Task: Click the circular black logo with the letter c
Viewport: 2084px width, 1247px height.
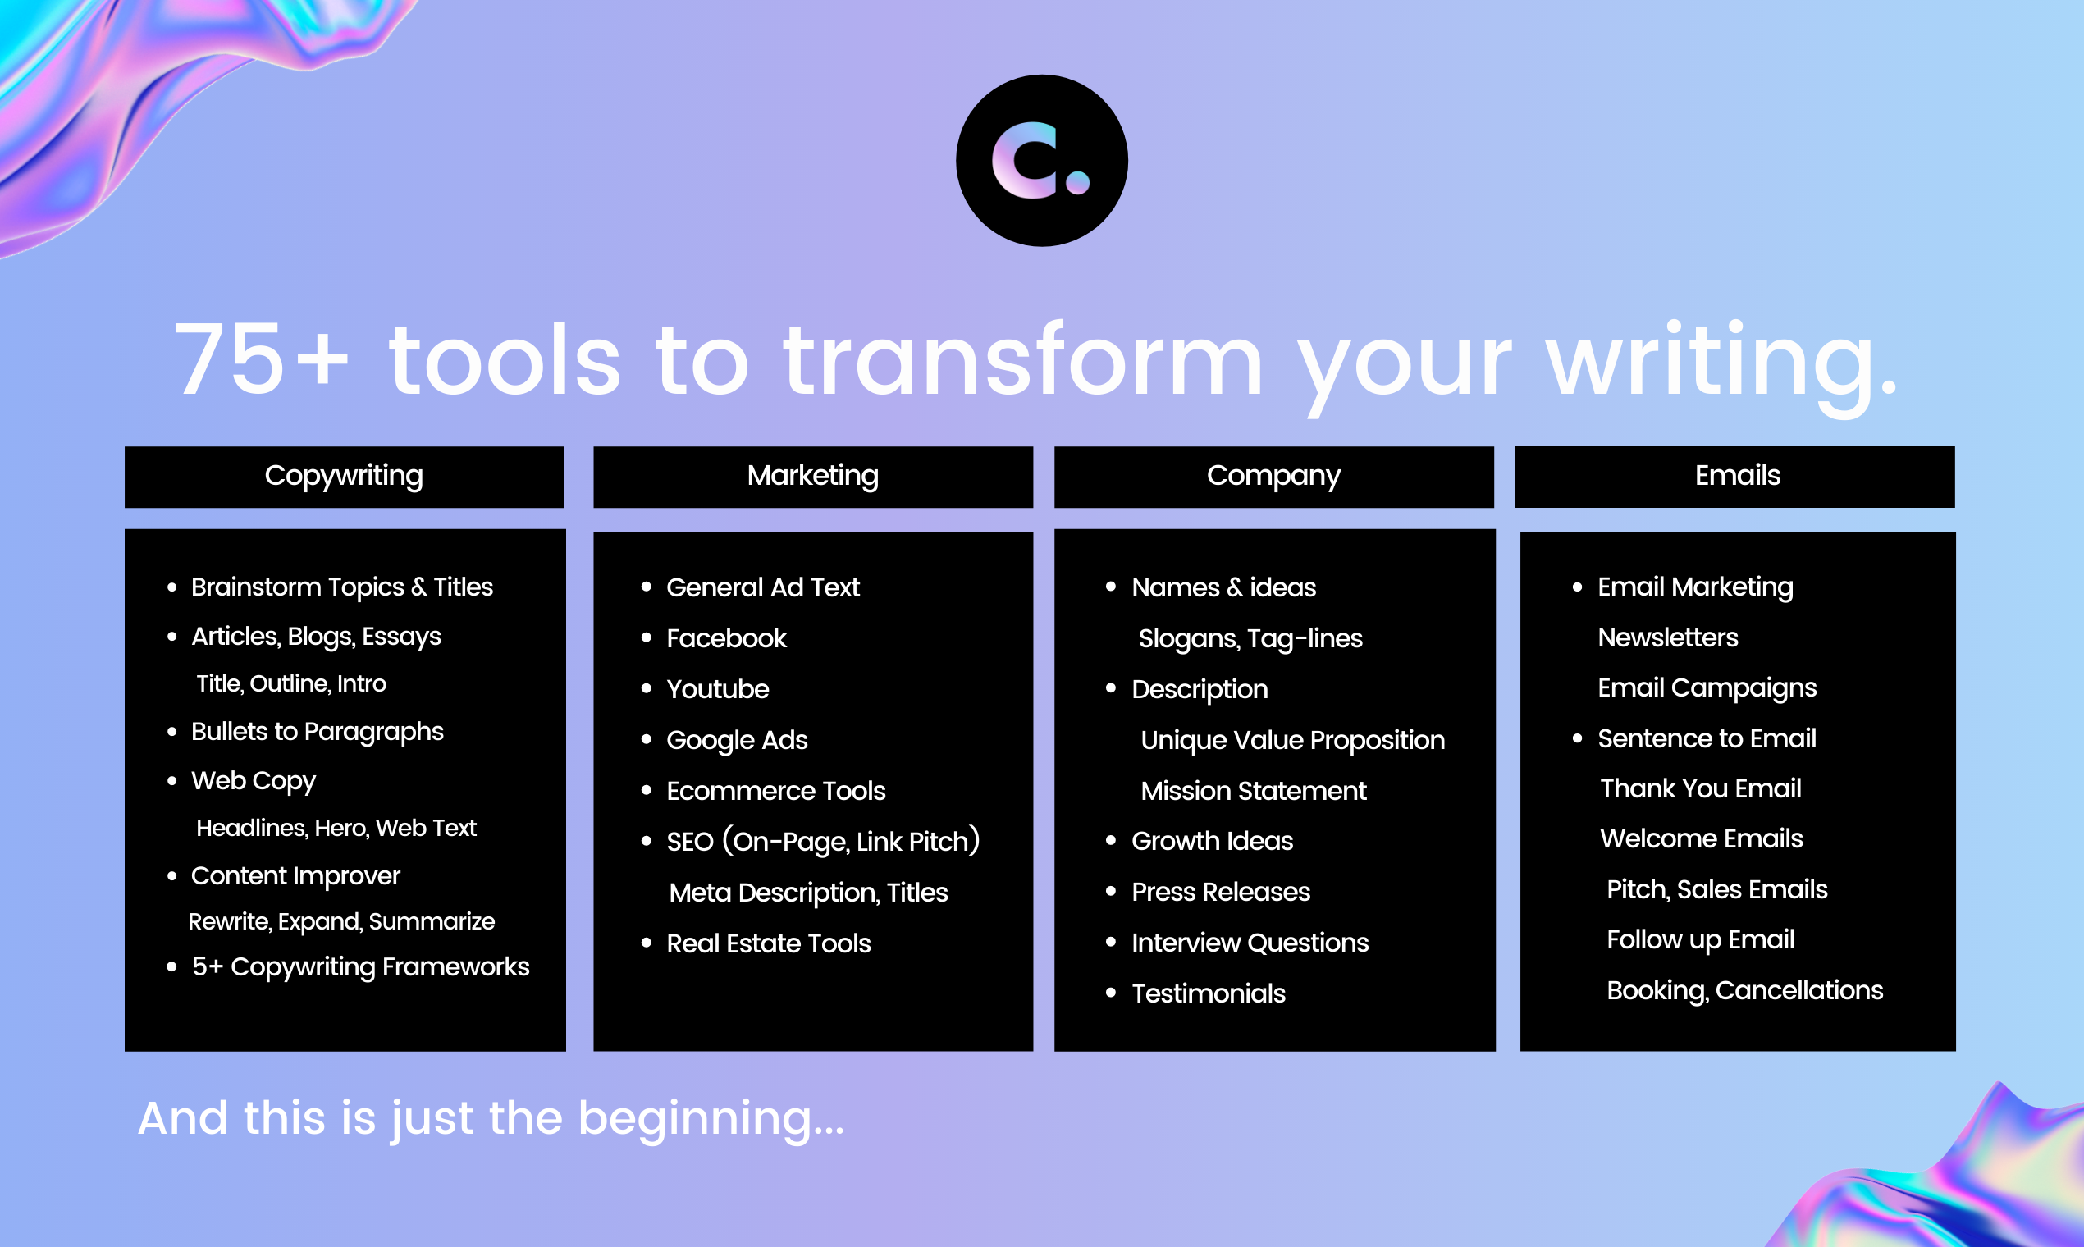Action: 1041,161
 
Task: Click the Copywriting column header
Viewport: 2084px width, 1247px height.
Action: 344,476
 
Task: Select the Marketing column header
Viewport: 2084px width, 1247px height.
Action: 812,476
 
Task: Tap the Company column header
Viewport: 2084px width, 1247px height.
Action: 1273,476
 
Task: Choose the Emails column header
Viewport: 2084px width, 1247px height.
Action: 1737,476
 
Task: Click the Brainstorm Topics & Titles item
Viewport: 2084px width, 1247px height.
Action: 341,587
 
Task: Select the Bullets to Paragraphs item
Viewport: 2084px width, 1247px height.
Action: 317,731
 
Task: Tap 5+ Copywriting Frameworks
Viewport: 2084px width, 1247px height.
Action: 359,966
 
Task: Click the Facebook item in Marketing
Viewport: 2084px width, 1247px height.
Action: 726,638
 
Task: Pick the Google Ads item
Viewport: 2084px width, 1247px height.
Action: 736,740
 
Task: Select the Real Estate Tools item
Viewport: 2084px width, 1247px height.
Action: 768,943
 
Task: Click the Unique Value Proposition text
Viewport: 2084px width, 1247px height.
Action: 1292,740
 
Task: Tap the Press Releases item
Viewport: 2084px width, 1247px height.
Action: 1220,892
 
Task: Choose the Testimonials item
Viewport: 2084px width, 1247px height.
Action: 1208,994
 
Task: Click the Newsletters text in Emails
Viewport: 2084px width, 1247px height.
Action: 1667,637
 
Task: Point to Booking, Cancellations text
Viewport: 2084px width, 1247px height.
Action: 1744,991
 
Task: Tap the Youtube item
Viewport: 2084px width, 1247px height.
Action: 717,689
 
